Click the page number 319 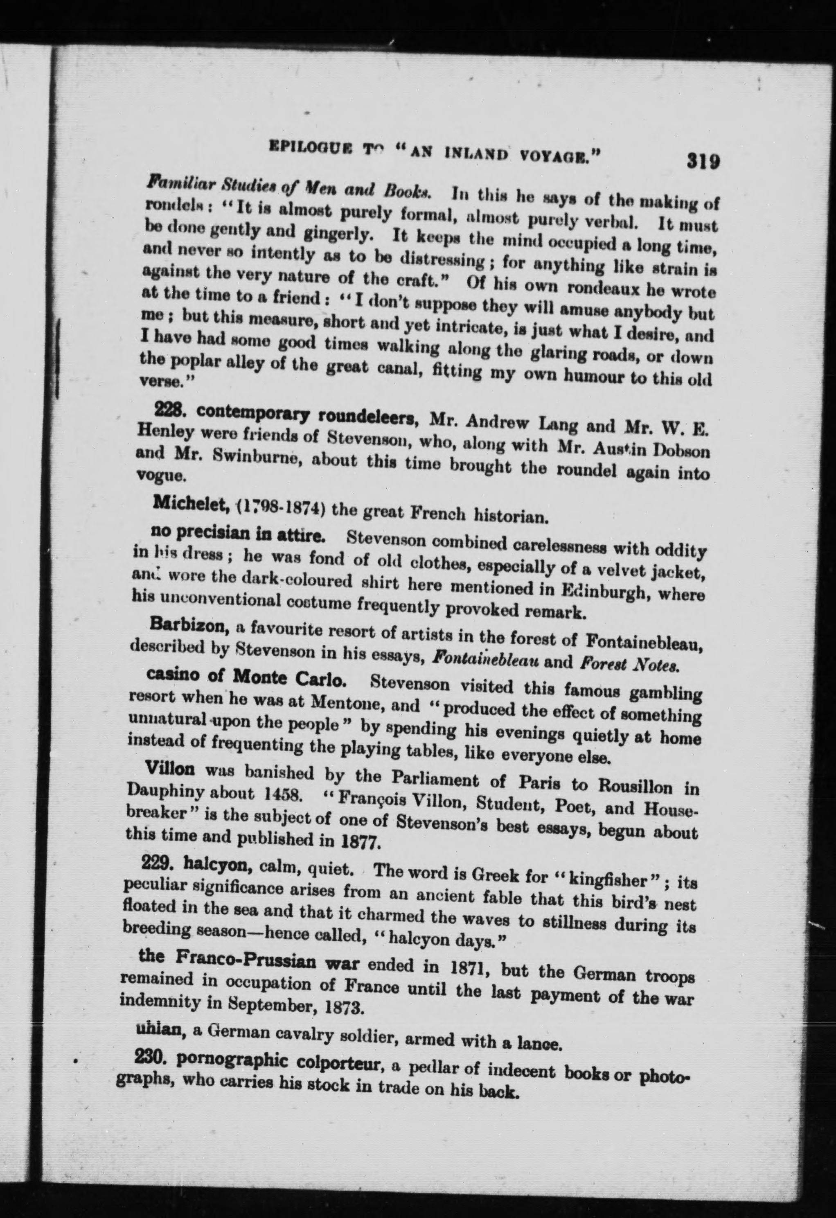click(x=702, y=160)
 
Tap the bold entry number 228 click(x=166, y=412)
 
